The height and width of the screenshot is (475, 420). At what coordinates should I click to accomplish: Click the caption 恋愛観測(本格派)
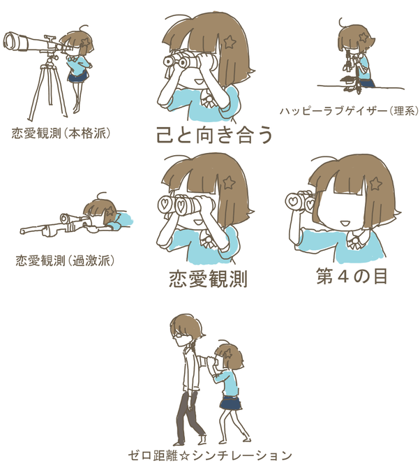tap(61, 133)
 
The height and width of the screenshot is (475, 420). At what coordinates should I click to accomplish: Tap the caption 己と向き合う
tap(214, 135)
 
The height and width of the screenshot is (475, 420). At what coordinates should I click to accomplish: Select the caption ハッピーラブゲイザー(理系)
tap(350, 111)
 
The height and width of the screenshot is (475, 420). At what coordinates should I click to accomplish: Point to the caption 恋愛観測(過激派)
tap(65, 261)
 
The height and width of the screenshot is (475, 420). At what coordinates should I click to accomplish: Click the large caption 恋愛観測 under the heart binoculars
tap(209, 279)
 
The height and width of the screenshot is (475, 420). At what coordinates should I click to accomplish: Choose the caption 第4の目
tap(352, 276)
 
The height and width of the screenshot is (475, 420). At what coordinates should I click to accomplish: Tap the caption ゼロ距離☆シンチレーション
tap(210, 455)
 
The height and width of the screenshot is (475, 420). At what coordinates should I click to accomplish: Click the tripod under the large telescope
tap(48, 88)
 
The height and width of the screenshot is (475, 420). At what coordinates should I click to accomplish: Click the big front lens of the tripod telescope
tap(11, 41)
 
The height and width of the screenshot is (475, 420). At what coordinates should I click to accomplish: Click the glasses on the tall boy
tap(177, 335)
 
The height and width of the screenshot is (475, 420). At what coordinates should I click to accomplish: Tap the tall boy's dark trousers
tap(190, 416)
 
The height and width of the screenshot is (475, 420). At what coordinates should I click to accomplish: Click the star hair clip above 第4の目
tap(375, 184)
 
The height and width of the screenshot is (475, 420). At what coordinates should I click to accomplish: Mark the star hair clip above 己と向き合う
tap(230, 42)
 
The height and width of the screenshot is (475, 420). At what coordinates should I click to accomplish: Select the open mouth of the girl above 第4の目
tap(345, 224)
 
